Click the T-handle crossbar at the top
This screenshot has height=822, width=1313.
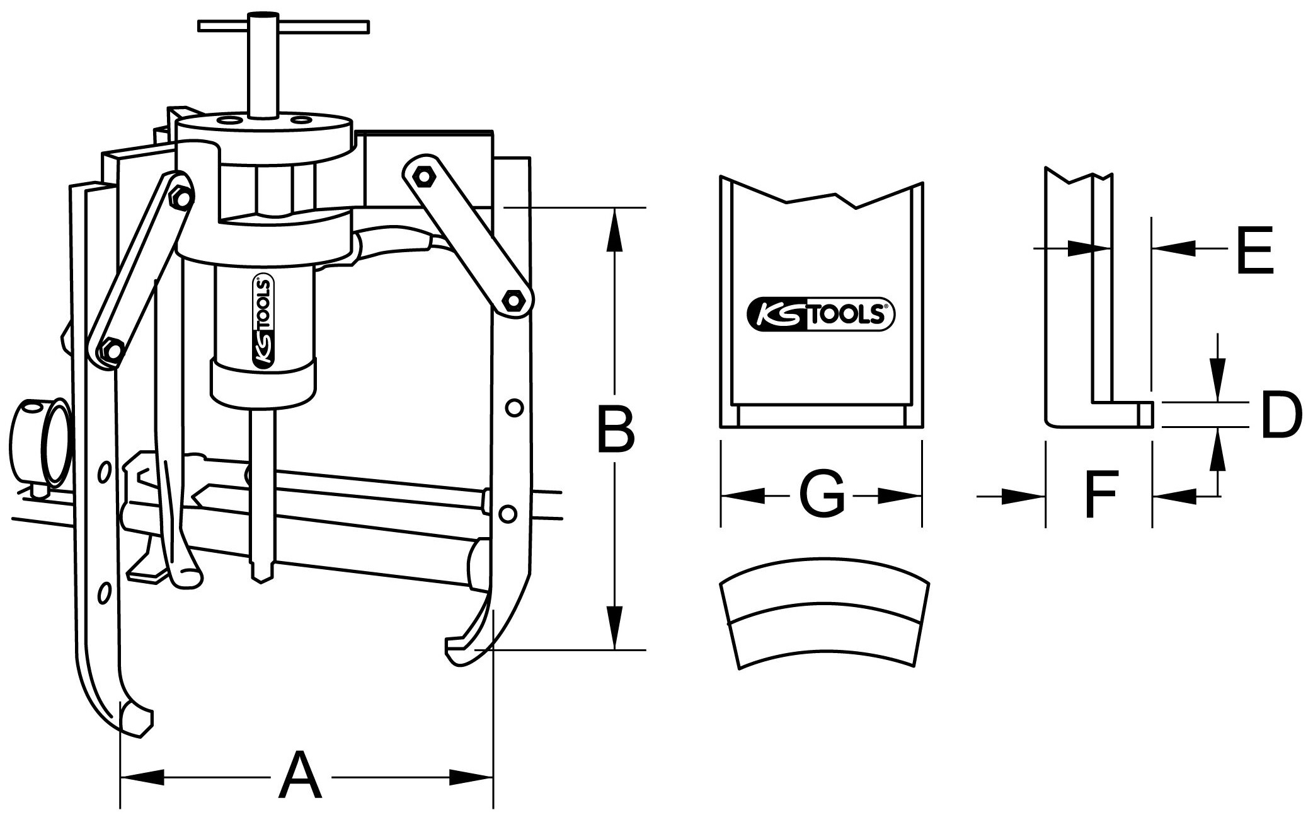(284, 26)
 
